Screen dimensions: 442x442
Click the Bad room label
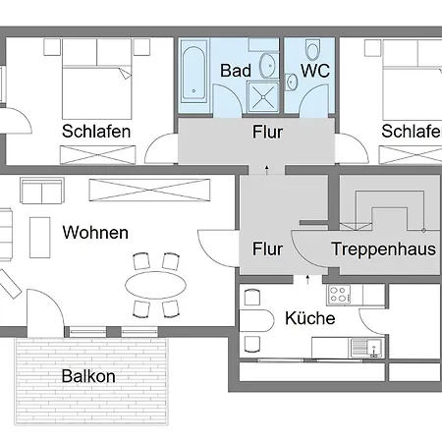pos(236,71)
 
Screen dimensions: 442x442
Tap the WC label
pos(315,71)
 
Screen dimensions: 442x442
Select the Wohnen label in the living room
pos(95,233)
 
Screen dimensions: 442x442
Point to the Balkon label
pos(88,376)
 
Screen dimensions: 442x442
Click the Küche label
pos(310,318)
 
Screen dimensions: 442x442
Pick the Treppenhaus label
pos(383,249)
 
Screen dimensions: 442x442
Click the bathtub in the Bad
pos(193,72)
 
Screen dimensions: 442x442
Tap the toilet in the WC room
pos(312,49)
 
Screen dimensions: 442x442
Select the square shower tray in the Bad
pos(263,97)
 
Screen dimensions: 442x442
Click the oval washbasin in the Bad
pos(267,65)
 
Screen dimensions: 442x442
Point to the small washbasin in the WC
pos(291,82)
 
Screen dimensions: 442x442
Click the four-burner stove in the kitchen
pos(339,294)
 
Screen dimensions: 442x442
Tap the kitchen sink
pos(366,348)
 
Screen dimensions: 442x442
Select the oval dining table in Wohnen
pos(156,285)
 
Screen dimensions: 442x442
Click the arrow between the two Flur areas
pos(267,170)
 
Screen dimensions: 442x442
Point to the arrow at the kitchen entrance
pos(307,279)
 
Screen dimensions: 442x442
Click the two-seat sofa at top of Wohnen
pos(42,191)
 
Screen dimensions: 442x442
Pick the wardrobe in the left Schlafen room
pos(97,155)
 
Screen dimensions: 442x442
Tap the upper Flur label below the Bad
pos(267,133)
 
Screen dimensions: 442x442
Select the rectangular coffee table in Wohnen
pos(40,238)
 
